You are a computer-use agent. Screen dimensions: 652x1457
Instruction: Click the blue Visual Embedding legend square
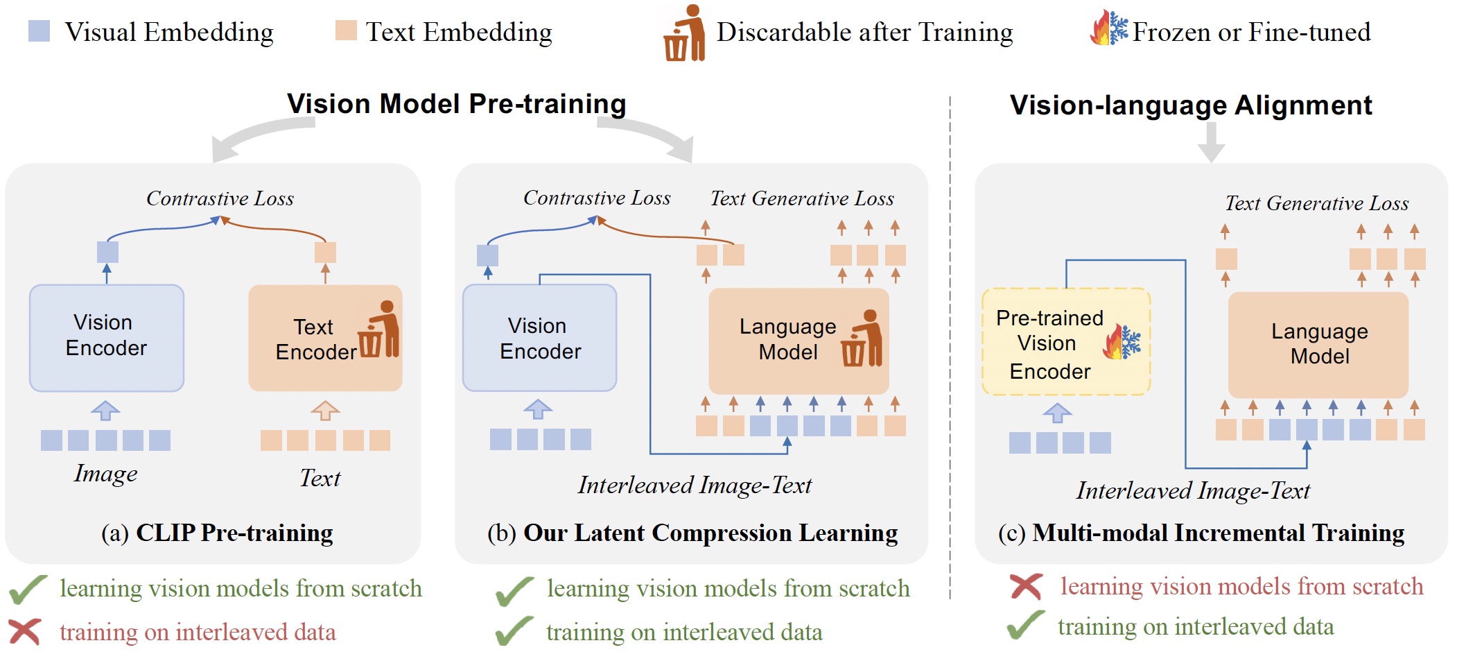pyautogui.click(x=39, y=31)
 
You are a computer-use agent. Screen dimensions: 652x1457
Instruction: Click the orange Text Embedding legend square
pyautogui.click(x=345, y=31)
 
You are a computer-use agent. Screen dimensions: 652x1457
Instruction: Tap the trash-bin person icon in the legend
pyautogui.click(x=684, y=33)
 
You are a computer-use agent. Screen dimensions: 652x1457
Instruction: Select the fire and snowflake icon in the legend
pyautogui.click(x=1108, y=30)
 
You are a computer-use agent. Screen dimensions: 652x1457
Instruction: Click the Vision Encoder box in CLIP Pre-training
pyautogui.click(x=107, y=338)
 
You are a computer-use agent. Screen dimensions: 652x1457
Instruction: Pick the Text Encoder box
pyautogui.click(x=324, y=338)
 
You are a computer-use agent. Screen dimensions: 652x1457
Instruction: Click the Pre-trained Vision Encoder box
pyautogui.click(x=1065, y=343)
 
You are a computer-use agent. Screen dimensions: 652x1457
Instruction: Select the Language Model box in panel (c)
pyautogui.click(x=1318, y=344)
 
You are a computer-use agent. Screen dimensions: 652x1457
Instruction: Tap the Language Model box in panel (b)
pyautogui.click(x=798, y=340)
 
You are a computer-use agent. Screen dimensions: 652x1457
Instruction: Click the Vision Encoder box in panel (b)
pyautogui.click(x=539, y=338)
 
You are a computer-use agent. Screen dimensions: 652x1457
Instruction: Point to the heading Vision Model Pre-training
pyautogui.click(x=456, y=104)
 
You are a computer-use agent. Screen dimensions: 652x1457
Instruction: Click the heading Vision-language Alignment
pyautogui.click(x=1190, y=105)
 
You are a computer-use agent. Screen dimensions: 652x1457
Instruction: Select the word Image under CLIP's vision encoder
pyautogui.click(x=105, y=473)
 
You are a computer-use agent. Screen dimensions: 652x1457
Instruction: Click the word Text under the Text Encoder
pyautogui.click(x=320, y=478)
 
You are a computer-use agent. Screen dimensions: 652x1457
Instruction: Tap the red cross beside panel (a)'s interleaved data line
pyautogui.click(x=25, y=632)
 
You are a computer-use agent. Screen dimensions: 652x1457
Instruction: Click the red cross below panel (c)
pyautogui.click(x=1026, y=587)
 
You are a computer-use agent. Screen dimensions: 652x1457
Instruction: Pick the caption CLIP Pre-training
pyautogui.click(x=234, y=533)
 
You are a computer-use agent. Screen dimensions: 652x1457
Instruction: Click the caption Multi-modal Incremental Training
pyautogui.click(x=1218, y=533)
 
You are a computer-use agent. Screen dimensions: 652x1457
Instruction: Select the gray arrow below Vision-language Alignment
pyautogui.click(x=1211, y=142)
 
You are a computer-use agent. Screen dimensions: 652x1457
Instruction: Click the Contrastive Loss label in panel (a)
pyautogui.click(x=220, y=198)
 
